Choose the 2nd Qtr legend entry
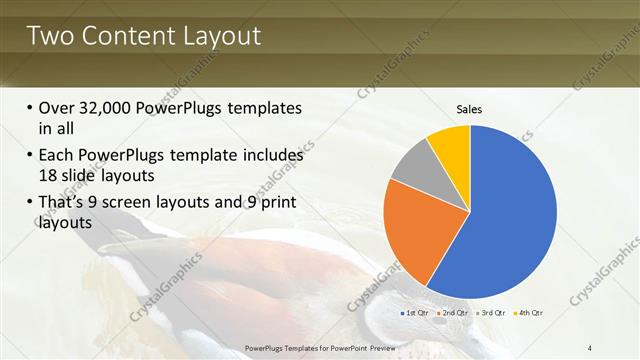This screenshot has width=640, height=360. (453, 313)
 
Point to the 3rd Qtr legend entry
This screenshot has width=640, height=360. (491, 313)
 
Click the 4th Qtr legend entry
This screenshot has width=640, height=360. (528, 313)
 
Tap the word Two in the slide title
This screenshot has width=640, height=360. (47, 37)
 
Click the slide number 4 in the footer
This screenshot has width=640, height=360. (590, 347)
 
